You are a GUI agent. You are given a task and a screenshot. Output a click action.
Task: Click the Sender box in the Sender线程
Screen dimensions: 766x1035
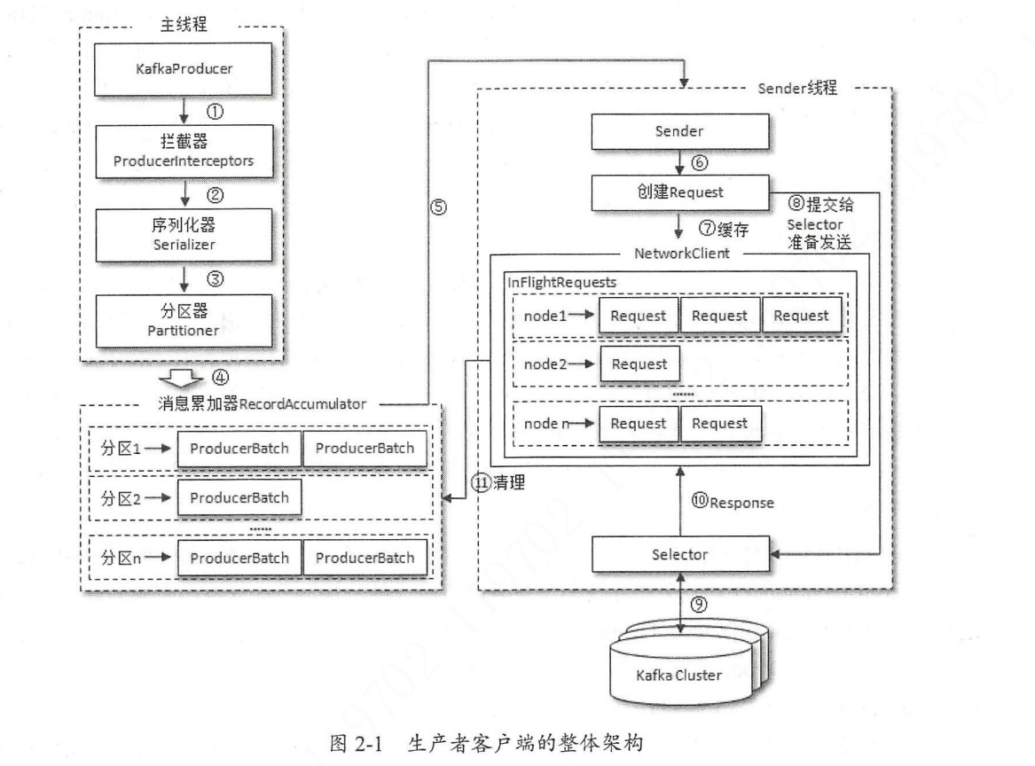680,132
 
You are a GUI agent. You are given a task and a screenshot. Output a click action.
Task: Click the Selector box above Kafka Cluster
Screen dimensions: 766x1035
680,555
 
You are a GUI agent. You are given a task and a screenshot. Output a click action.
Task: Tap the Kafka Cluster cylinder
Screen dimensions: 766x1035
679,675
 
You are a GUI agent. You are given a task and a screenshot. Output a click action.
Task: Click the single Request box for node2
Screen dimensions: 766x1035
639,364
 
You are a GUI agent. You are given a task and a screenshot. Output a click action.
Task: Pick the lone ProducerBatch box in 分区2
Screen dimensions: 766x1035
239,498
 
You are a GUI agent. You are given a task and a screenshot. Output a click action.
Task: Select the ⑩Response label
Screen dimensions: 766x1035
733,503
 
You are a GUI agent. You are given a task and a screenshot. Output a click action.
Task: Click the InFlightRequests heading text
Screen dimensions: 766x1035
561,281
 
